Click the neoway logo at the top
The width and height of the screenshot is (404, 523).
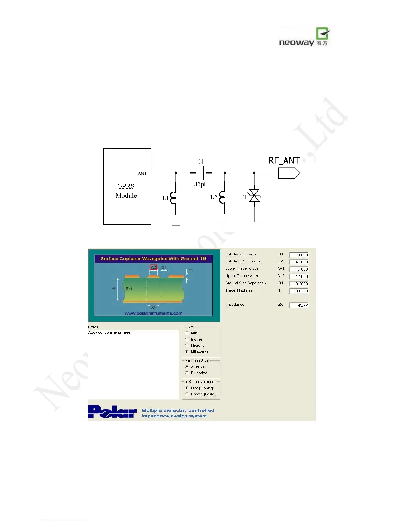(x=304, y=37)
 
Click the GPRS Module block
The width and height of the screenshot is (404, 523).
(x=127, y=187)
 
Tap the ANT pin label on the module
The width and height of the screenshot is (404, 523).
(x=142, y=173)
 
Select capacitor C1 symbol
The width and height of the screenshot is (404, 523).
(x=201, y=173)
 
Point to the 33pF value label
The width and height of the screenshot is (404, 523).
(x=201, y=184)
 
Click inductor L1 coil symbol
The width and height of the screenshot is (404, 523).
(x=173, y=198)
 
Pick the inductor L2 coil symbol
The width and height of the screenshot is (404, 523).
(x=223, y=198)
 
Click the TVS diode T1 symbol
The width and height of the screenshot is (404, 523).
(x=254, y=196)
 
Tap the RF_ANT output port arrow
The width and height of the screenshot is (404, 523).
(x=289, y=173)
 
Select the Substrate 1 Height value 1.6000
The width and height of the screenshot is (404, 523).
(x=299, y=255)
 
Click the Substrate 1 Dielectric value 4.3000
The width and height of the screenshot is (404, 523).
(x=299, y=262)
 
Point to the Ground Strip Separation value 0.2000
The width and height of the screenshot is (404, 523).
(x=299, y=284)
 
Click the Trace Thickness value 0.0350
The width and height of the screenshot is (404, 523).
(x=299, y=291)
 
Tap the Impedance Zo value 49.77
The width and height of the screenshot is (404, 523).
(x=299, y=305)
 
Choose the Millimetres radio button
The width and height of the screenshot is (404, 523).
(x=187, y=352)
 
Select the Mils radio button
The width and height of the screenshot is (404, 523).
(x=187, y=333)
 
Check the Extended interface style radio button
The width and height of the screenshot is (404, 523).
(x=187, y=373)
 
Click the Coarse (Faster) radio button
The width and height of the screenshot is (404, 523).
(x=187, y=394)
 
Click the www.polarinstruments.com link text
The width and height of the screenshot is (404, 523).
(x=153, y=313)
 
